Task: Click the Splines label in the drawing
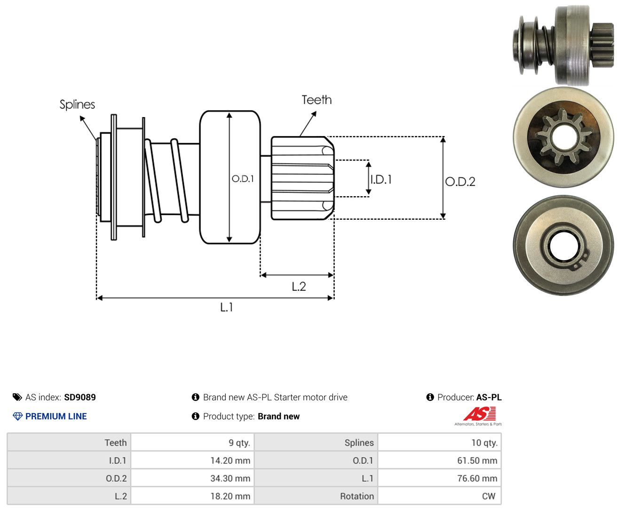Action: tap(77, 104)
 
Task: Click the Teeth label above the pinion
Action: tap(316, 100)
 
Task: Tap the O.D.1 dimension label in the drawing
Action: tap(243, 178)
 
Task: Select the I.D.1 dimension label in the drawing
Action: tap(381, 179)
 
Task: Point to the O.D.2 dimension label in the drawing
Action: tap(460, 182)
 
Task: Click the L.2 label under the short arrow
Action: tap(299, 287)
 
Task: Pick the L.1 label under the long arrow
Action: tap(227, 307)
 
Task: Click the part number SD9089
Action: tap(80, 397)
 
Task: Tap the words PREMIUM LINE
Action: tap(56, 416)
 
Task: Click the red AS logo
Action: tap(479, 414)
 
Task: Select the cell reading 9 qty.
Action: tap(192, 442)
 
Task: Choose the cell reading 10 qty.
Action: tap(439, 442)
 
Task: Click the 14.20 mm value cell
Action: tap(192, 460)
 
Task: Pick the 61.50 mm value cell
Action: tap(439, 460)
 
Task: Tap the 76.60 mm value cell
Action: tap(439, 478)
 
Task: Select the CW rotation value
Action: tap(488, 496)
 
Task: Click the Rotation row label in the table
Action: tap(357, 496)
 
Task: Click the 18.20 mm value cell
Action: tap(192, 496)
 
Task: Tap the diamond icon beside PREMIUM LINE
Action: tap(17, 416)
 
